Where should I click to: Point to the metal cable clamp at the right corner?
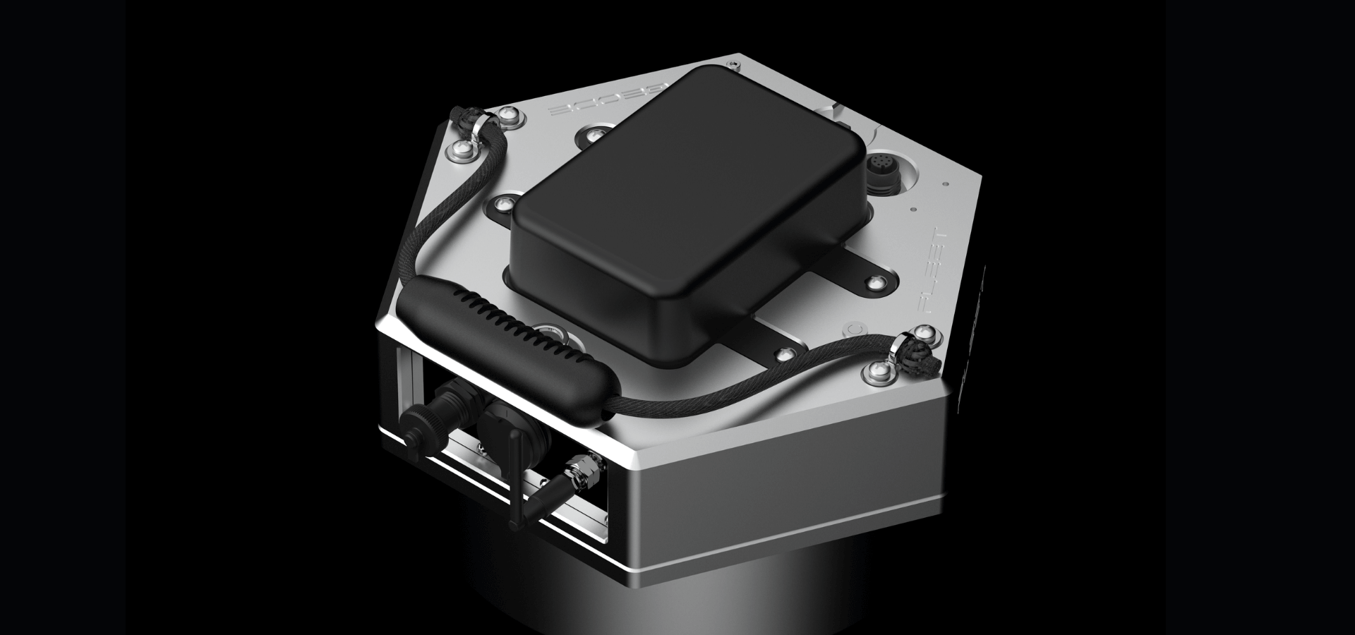pos(900,345)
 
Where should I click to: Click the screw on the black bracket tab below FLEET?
pos(876,283)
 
